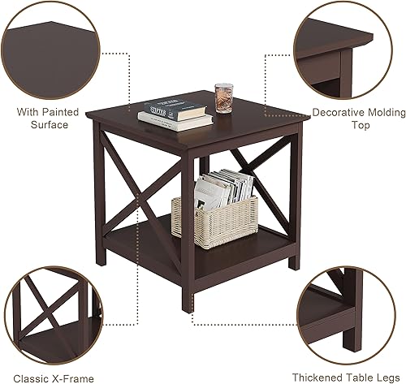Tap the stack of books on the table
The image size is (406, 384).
(x=175, y=113)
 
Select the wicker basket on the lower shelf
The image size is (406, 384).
(x=214, y=216)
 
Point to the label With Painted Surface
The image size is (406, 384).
(x=50, y=118)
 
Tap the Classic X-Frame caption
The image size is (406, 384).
(x=58, y=378)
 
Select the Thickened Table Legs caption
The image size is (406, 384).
(x=352, y=378)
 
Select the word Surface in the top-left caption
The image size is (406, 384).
(x=50, y=125)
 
